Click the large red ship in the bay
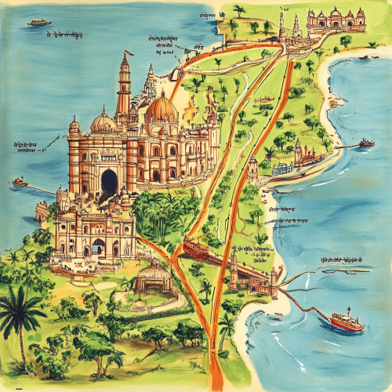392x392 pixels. pyautogui.click(x=346, y=321)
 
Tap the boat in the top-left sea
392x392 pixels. pyautogui.click(x=38, y=23)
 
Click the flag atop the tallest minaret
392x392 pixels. pyautogui.click(x=126, y=55)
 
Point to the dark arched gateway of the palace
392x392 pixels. pyautogui.click(x=108, y=183)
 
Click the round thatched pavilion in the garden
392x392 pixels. pyautogui.click(x=154, y=277)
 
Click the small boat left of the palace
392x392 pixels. pyautogui.click(x=20, y=182)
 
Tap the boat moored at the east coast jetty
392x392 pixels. pyautogui.click(x=366, y=143)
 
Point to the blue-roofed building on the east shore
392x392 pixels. pyautogui.click(x=282, y=168)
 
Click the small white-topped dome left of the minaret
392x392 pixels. pyautogui.click(x=103, y=121)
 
